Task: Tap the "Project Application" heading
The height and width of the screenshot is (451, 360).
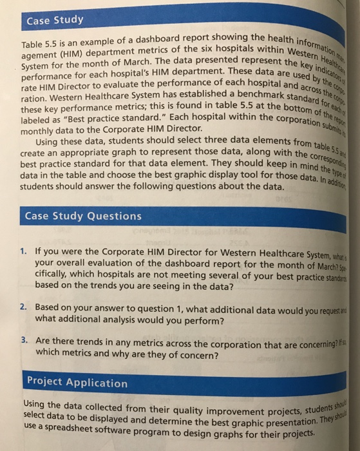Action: click(x=77, y=383)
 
